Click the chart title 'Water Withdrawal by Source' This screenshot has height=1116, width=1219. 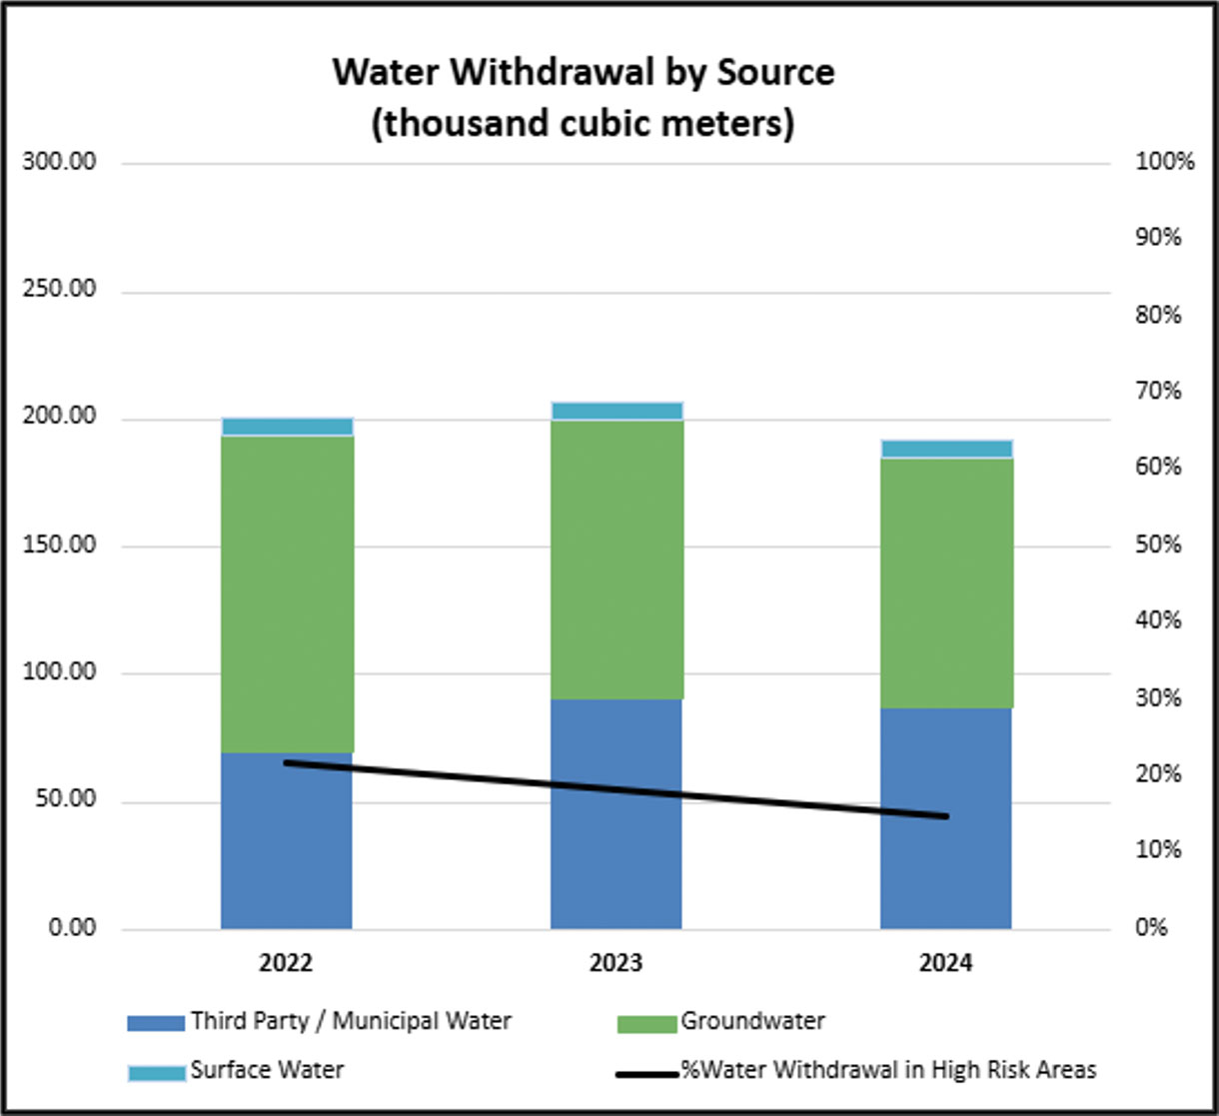point(583,73)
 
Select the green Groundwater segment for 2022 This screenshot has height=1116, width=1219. point(287,593)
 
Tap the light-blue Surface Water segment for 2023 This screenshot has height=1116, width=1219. point(616,411)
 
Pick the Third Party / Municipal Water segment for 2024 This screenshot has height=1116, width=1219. point(946,818)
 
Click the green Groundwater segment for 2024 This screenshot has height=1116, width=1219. point(946,582)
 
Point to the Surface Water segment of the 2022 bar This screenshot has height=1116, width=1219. point(287,427)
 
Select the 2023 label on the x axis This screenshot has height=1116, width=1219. point(616,963)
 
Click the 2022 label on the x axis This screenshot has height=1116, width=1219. point(287,963)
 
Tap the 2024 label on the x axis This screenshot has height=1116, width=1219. point(946,963)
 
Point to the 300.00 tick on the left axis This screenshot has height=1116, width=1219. point(59,162)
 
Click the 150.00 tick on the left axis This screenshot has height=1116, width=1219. point(59,546)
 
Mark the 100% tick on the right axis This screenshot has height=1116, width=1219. point(1165,162)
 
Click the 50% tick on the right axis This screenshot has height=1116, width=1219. point(1159,546)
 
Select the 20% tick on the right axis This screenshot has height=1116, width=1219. point(1159,774)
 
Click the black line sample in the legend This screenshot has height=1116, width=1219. point(646,1074)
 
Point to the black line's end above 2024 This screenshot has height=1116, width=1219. point(945,816)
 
